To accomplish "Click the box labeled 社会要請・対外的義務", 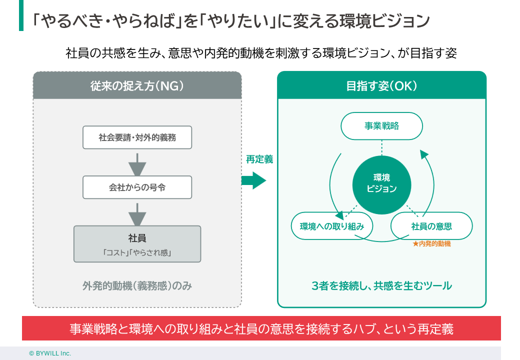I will [137, 137].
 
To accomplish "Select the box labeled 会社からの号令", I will [137, 187].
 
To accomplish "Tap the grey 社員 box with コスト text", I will [137, 244].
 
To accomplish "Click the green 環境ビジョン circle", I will [381, 183].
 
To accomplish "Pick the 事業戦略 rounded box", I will [381, 126].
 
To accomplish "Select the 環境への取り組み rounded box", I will [331, 226].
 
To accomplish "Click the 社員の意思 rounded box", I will [431, 226].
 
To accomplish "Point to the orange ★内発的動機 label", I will [431, 244].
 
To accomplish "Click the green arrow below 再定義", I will [253, 180].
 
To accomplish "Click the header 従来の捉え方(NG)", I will [137, 85].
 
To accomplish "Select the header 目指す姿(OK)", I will [381, 85].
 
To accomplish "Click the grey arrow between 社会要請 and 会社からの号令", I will [137, 163].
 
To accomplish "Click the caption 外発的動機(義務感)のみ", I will [137, 286].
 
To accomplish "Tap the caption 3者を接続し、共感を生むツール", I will [381, 286].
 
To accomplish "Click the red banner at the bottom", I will [261, 329].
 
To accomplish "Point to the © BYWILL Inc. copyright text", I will [50, 353].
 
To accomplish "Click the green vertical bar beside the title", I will [21, 15].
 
